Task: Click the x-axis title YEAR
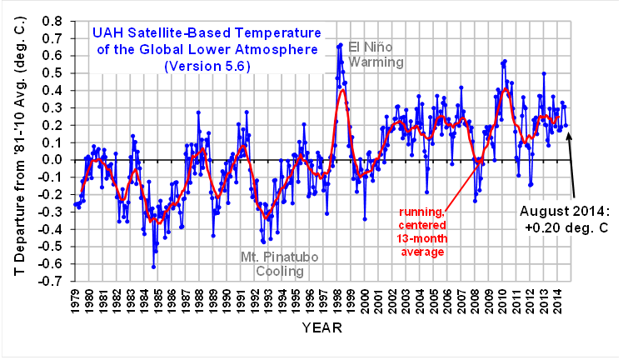[x=321, y=328]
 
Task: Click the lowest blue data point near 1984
[x=153, y=266]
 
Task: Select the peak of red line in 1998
[x=341, y=89]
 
